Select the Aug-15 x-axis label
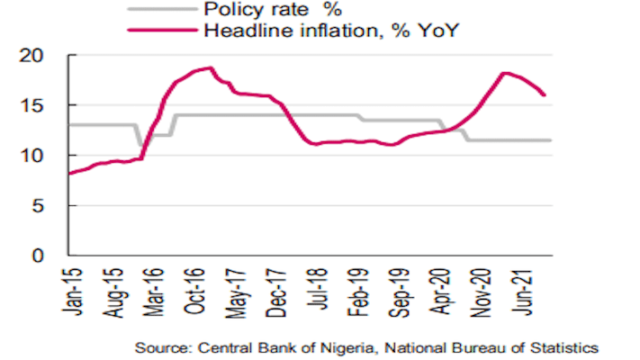[x=116, y=291]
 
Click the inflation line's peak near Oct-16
[x=209, y=67]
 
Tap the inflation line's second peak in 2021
[x=504, y=73]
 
